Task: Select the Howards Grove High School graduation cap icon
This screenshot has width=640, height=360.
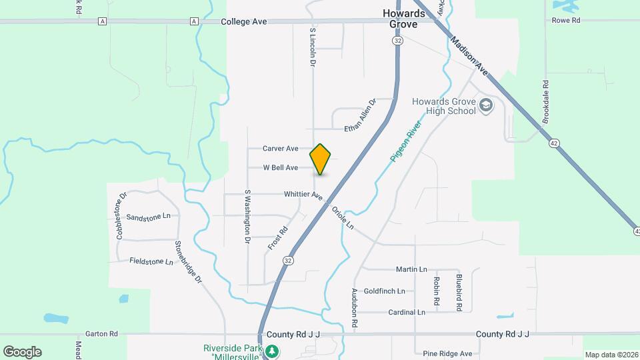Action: [x=487, y=105]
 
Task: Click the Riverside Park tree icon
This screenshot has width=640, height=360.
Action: [x=271, y=351]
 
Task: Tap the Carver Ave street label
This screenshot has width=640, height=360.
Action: [x=280, y=149]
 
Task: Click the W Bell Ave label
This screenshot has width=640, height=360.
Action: [x=280, y=168]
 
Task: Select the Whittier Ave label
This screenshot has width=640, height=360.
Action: [x=303, y=195]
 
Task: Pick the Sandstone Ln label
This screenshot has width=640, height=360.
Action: [x=148, y=217]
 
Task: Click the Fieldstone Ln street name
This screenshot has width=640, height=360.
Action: [x=151, y=262]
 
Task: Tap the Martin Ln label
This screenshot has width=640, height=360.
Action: [x=411, y=269]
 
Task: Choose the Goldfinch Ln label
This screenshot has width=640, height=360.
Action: [x=384, y=291]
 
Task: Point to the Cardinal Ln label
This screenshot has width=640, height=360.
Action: [x=407, y=312]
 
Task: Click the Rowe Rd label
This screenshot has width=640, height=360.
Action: [x=566, y=21]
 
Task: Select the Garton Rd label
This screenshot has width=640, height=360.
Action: [x=101, y=333]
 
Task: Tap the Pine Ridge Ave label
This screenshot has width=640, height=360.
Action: [x=448, y=353]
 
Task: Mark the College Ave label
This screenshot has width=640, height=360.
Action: [x=244, y=21]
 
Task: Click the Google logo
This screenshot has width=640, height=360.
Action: [x=22, y=351]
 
